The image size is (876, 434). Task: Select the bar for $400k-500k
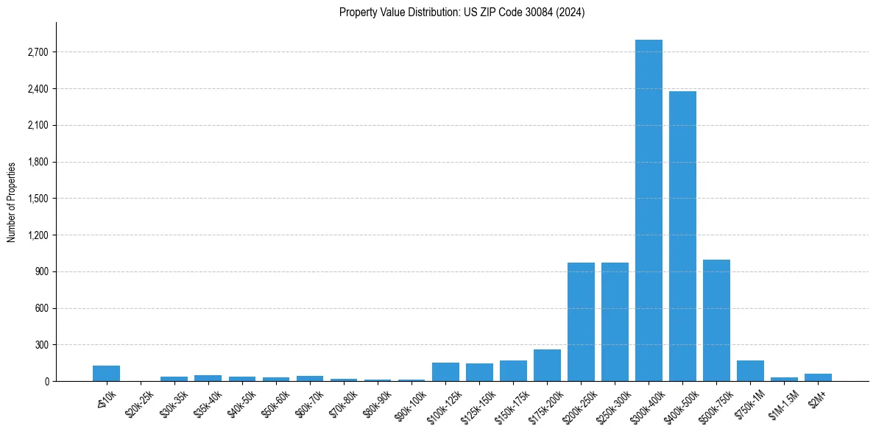(682, 236)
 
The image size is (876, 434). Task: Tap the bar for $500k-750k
(716, 320)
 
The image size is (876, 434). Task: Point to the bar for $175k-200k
(547, 365)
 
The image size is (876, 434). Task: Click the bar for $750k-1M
(750, 371)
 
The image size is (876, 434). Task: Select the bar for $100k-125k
(445, 371)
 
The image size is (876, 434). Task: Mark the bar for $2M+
(818, 377)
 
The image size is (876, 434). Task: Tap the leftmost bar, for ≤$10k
(106, 373)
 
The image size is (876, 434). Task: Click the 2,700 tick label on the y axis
(37, 52)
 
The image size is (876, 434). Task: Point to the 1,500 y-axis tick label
(37, 199)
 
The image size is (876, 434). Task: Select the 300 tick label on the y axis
(41, 345)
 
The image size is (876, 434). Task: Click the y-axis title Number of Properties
(11, 202)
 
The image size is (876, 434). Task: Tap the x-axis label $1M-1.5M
(782, 401)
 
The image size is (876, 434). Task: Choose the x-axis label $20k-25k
(138, 401)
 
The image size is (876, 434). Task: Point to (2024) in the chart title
(572, 13)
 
